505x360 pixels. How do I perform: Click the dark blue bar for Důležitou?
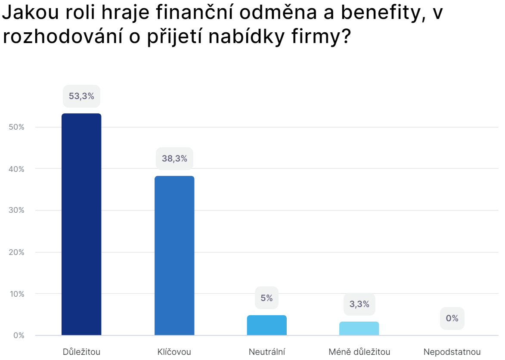pos(81,224)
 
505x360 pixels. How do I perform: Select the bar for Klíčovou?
pos(174,255)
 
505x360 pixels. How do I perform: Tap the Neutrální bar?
pos(267,325)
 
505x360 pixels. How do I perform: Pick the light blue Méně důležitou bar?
pos(359,328)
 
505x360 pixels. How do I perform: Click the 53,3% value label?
pos(81,96)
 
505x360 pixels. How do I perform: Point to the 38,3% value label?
pos(174,158)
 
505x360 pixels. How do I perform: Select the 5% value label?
pos(267,298)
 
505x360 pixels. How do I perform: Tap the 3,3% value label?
pos(359,304)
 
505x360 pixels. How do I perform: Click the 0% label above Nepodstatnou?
pos(452,318)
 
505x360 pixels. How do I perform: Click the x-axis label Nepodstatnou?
pos(452,352)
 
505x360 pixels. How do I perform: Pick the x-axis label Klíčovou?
pos(174,352)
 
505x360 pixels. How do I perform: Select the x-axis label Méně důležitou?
pos(359,352)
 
